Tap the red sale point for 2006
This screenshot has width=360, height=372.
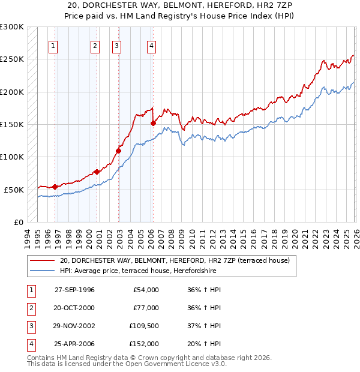[x=153, y=123]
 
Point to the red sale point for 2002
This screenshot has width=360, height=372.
[x=119, y=151]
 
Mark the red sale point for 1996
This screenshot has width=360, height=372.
[x=55, y=187]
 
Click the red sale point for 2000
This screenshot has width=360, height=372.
[x=97, y=172]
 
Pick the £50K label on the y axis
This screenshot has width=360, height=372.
[x=14, y=190]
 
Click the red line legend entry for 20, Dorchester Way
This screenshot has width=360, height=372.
[x=174, y=260]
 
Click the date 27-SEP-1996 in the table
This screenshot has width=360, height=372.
[x=74, y=290]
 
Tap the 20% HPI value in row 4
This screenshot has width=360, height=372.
[x=203, y=344]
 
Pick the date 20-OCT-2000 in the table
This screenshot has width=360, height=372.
[x=74, y=308]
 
